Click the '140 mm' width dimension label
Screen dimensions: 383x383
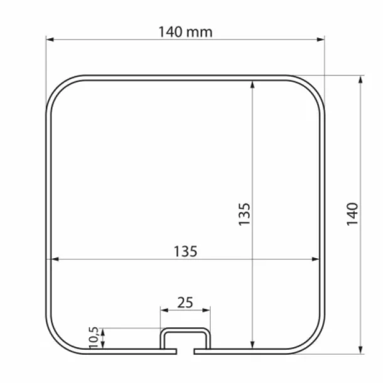pos(185,31)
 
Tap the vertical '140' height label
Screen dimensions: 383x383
pos(352,214)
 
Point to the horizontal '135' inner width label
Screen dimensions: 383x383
pos(185,251)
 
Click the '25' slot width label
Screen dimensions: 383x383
pos(185,302)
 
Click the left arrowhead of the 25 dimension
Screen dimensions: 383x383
pos(163,309)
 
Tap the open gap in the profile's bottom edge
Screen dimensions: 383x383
pos(185,348)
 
